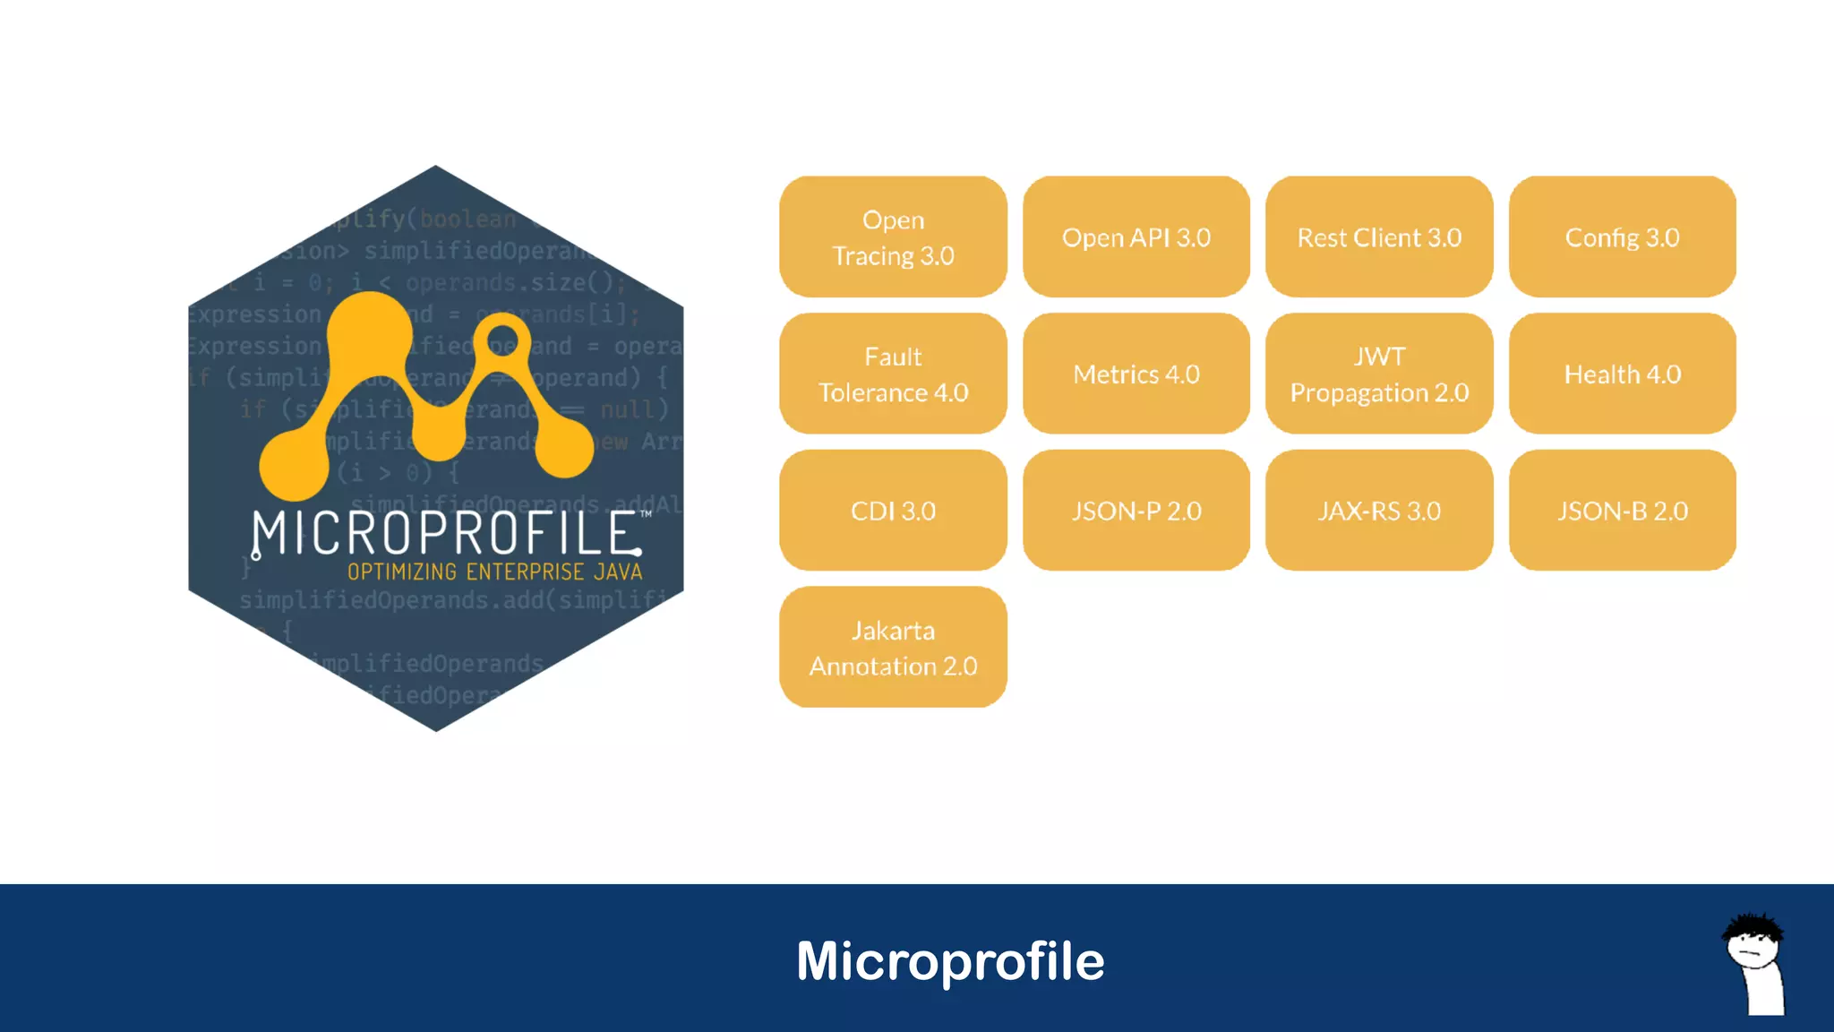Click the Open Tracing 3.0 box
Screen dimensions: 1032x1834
coord(893,237)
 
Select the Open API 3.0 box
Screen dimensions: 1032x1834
coord(1136,237)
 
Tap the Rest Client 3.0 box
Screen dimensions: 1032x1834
coord(1379,237)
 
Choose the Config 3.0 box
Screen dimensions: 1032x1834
coord(1622,237)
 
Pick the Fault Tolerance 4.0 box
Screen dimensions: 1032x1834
coord(893,374)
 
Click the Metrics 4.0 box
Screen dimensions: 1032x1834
coord(1136,374)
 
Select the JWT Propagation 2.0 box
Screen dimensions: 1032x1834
coord(1379,374)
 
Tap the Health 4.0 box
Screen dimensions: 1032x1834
coord(1622,374)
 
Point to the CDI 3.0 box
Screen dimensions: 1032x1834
coord(893,511)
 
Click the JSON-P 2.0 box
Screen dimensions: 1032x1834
coord(1136,511)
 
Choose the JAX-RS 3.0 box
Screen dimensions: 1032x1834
coord(1379,511)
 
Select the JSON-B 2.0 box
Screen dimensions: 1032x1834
coord(1622,511)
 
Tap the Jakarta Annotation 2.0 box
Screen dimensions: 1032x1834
coord(893,648)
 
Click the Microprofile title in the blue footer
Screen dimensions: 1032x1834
coord(950,961)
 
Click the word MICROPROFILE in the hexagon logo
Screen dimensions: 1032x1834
coord(446,534)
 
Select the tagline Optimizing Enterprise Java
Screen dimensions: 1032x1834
coord(494,572)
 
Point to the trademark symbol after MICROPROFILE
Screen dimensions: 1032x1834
coord(646,515)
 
